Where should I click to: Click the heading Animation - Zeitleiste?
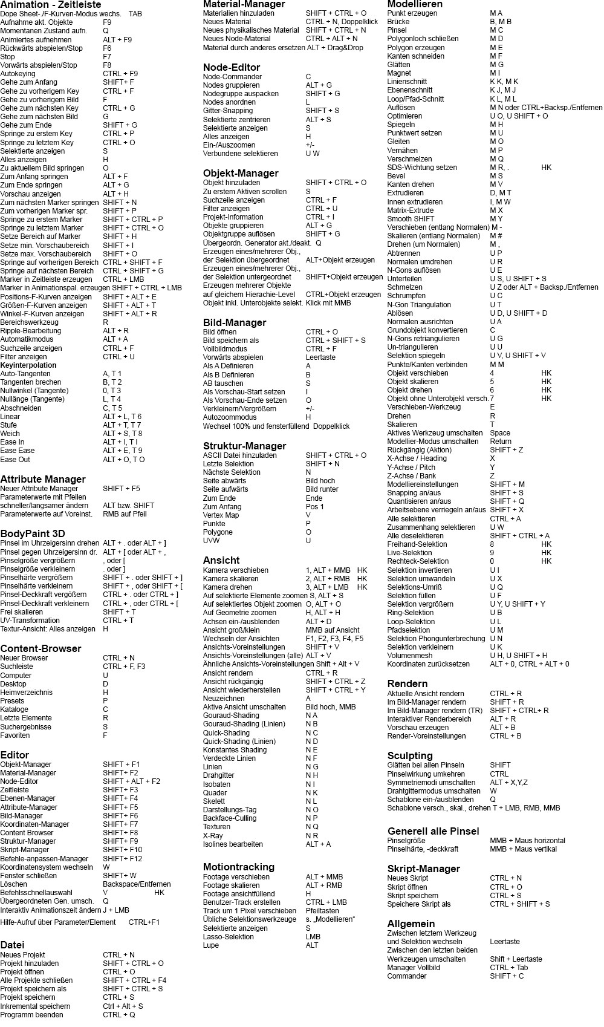coord(51,4)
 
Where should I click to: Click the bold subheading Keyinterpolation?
coord(28,365)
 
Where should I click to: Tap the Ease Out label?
coord(15,460)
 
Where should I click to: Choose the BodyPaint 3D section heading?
coord(33,533)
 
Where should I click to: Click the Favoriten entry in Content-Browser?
coord(15,735)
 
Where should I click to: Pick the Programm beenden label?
coord(31,1015)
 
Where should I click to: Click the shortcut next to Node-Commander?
coord(308,77)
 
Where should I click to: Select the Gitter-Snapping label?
coord(228,111)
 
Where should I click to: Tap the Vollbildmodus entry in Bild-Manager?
coord(225,349)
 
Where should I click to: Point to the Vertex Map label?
coord(221,515)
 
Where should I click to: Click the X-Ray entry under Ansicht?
coord(213,836)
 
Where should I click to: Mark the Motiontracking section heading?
coord(239,867)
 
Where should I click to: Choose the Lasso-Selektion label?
coord(229,937)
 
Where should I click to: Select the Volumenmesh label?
coord(410,656)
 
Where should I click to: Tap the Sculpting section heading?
coord(410,755)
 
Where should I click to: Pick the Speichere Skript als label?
coord(419,904)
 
